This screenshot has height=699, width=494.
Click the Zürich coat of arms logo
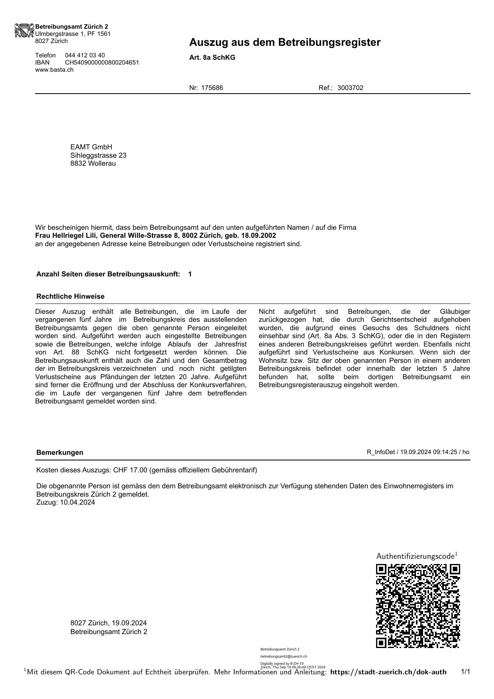[25, 31]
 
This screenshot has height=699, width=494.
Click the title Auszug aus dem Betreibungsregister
[284, 42]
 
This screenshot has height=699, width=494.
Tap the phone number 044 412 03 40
[85, 55]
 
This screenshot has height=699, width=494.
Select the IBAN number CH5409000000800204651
[102, 63]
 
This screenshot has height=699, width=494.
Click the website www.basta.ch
[54, 70]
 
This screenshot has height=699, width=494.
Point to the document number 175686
[212, 88]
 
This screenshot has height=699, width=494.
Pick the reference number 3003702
[350, 88]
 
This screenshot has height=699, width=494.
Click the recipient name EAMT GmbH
[91, 147]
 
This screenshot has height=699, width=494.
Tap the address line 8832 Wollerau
[93, 163]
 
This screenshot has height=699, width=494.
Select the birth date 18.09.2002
[259, 235]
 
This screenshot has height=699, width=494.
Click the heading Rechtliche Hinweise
[70, 296]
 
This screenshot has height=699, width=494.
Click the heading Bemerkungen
[60, 452]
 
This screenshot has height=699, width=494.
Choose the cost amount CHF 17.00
[130, 470]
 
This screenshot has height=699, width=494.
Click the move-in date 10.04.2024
[77, 502]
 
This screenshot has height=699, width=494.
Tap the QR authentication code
[418, 606]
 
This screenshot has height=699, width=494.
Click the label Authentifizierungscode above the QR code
[415, 556]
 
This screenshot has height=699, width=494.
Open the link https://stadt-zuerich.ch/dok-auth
[388, 672]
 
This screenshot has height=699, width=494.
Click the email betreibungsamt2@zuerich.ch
[284, 656]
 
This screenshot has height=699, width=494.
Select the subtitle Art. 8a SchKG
[212, 57]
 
